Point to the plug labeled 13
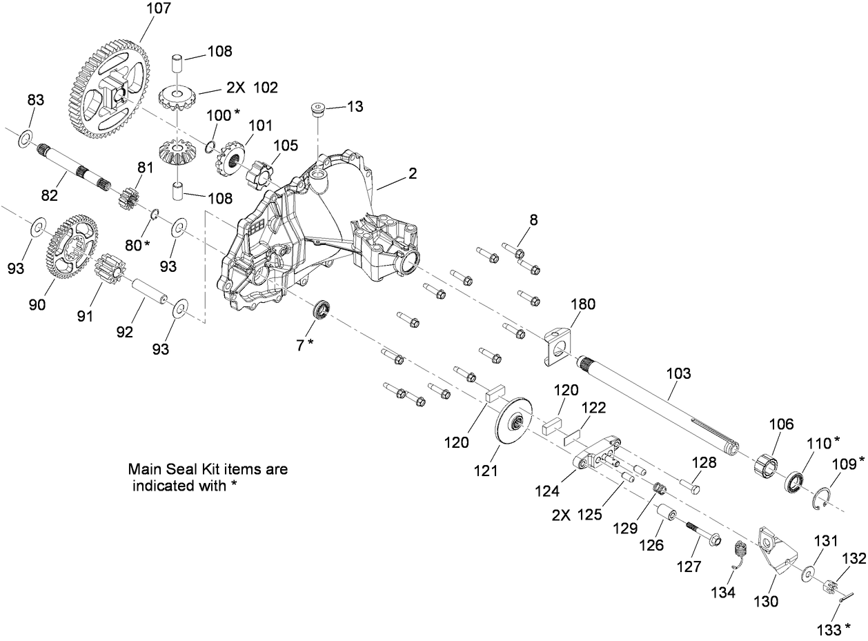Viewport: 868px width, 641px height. click(317, 108)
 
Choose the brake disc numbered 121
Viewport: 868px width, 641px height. click(513, 422)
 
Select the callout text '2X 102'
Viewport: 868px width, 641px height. click(251, 88)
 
